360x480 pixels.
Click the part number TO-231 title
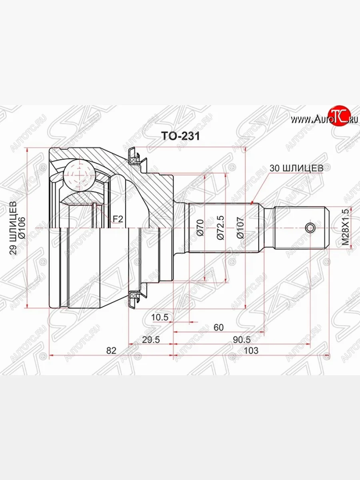tap(180, 136)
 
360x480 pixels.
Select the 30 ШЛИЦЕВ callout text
tap(296, 168)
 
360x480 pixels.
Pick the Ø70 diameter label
tap(200, 228)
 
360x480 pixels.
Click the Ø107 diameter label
tap(240, 228)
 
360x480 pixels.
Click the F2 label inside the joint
tap(117, 219)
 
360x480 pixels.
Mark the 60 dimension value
tap(218, 327)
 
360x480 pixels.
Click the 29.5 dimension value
tap(151, 340)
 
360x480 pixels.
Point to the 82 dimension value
tap(111, 350)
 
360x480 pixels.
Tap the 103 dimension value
tap(251, 350)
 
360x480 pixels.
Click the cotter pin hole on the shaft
tap(310, 228)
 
